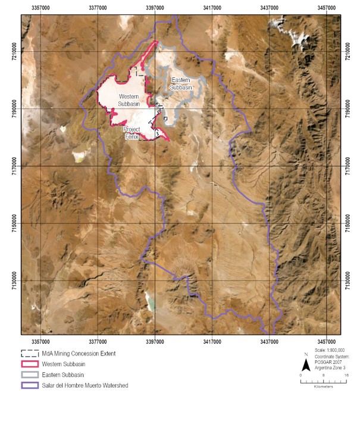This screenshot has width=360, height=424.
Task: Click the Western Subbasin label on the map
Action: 129,99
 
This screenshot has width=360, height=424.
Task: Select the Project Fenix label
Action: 131,132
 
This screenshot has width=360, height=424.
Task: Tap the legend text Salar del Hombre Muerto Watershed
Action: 85,386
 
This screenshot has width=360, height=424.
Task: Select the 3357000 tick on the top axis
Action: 40,8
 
